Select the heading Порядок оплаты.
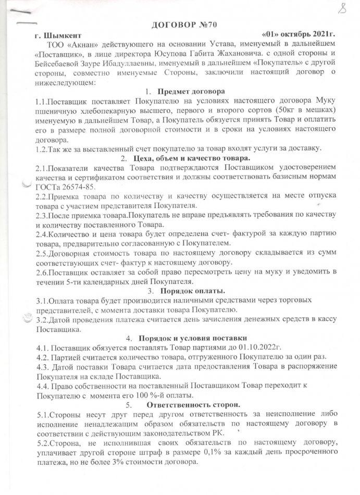193,290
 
